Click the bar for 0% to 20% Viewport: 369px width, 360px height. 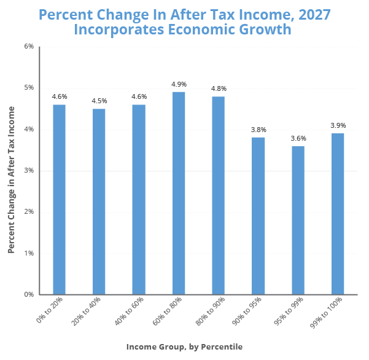tap(59, 199)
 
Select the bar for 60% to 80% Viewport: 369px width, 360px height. tap(179, 193)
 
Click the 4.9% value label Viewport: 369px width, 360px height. tap(179, 84)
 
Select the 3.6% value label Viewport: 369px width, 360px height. tap(298, 138)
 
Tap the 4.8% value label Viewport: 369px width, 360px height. tap(219, 88)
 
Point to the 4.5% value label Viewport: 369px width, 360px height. tap(99, 101)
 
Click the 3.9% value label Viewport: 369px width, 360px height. tap(338, 125)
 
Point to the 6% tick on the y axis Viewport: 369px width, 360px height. tap(28, 47)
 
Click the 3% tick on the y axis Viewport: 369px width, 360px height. tap(28, 171)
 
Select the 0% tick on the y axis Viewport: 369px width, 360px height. tap(28, 295)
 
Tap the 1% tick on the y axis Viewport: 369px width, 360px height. tap(28, 253)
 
